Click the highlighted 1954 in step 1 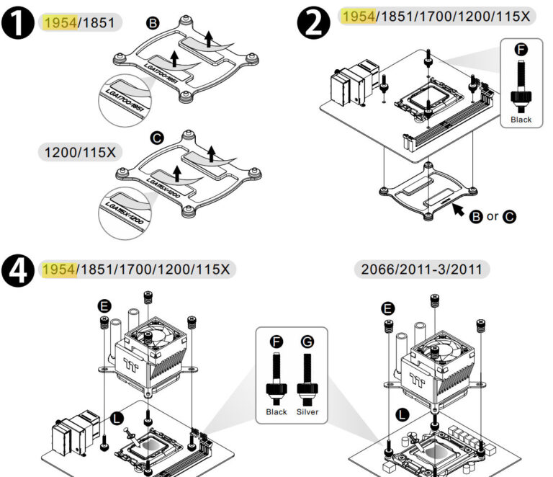[59, 22]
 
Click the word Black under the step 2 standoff [520, 120]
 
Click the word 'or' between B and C [493, 216]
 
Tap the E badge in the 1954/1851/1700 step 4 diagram [105, 307]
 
